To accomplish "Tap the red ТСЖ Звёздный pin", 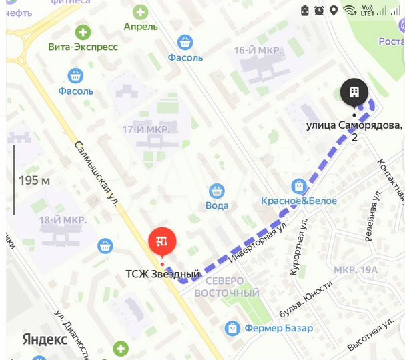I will pyautogui.click(x=161, y=242).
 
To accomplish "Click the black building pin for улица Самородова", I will pyautogui.click(x=354, y=92).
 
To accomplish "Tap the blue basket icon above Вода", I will pyautogui.click(x=216, y=191).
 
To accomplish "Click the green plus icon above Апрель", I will pyautogui.click(x=141, y=12).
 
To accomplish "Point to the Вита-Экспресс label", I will pyautogui.click(x=83, y=47).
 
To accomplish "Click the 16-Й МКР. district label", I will pyautogui.click(x=258, y=51).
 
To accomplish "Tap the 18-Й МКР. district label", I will pyautogui.click(x=63, y=219).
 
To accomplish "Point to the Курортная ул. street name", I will pyautogui.click(x=298, y=247).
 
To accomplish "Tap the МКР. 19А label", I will pyautogui.click(x=356, y=270).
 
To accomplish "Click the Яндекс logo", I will pyautogui.click(x=45, y=339).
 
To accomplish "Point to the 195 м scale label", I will pyautogui.click(x=35, y=180).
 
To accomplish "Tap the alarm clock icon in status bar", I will pyautogui.click(x=319, y=10).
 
